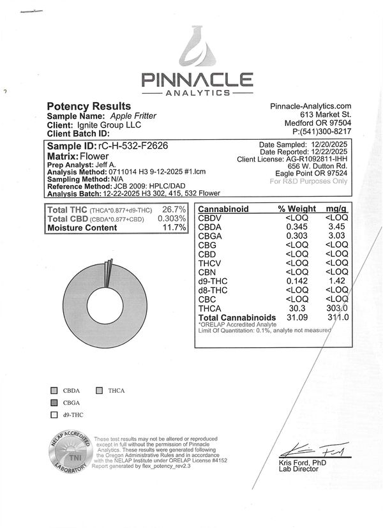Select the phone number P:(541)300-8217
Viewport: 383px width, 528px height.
click(322, 132)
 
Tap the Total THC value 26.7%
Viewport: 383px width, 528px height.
click(174, 210)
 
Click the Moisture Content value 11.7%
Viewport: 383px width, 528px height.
click(175, 227)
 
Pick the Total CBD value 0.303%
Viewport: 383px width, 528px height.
click(172, 219)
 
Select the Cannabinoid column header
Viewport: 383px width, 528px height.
click(223, 209)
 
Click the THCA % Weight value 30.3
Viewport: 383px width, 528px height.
click(299, 308)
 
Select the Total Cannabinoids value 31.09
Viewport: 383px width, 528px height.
click(295, 317)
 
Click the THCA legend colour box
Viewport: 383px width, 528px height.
click(100, 389)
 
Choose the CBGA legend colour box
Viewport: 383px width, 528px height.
click(54, 402)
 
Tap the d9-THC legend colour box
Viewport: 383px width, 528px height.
click(54, 415)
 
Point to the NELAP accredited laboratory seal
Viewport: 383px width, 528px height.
click(67, 454)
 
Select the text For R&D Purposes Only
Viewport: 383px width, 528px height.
click(309, 181)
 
